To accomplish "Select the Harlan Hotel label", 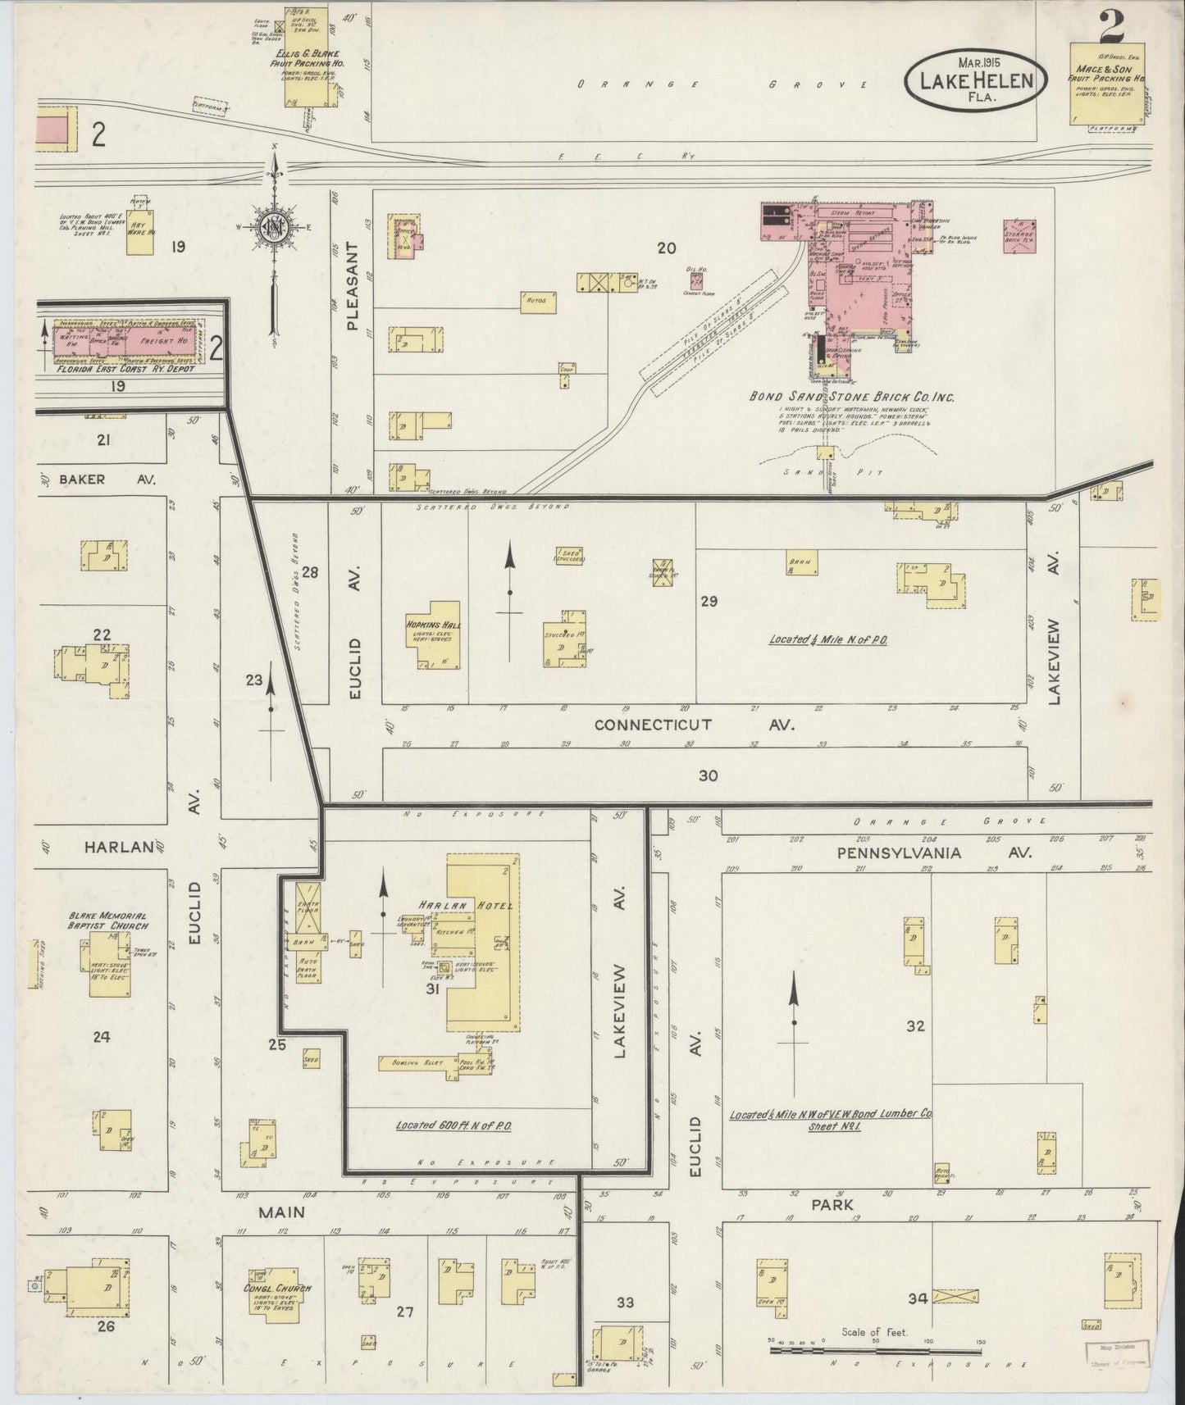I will (465, 905).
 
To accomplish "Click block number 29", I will (709, 602).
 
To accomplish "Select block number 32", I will (915, 1025).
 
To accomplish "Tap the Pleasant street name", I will (353, 286).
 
